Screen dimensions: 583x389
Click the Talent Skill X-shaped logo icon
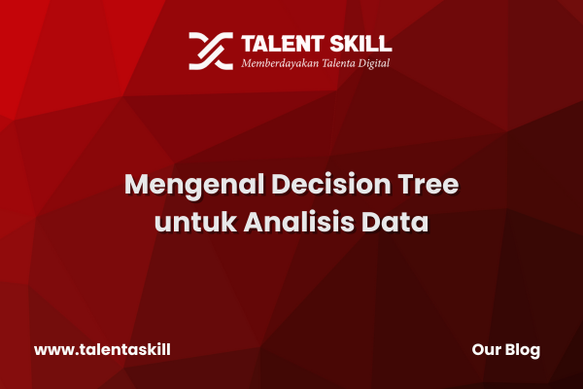tap(211, 51)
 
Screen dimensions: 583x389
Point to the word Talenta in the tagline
tap(338, 63)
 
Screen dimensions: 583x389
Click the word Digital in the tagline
tap(374, 63)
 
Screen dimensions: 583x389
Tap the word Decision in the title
tap(331, 184)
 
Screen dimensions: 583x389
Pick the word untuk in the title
tap(195, 222)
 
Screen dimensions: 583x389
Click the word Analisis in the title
tap(299, 222)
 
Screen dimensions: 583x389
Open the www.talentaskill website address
tap(102, 350)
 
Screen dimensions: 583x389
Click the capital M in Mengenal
tap(136, 184)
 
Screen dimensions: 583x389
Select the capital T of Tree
tap(406, 184)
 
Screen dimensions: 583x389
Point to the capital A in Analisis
tap(255, 222)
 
